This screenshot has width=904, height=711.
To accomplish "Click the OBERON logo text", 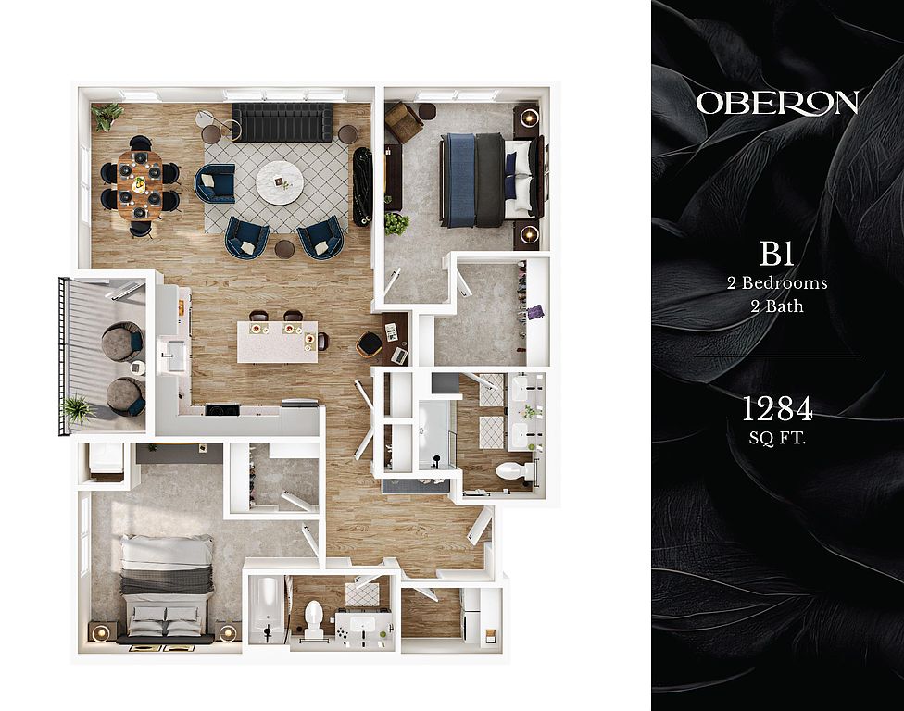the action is (777, 103).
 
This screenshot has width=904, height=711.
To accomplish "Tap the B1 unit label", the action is (777, 254).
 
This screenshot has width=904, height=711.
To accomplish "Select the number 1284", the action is (777, 408).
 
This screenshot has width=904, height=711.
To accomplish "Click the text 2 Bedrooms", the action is (777, 283).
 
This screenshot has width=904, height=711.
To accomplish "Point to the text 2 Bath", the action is (777, 306).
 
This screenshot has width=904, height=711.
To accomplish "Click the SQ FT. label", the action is (777, 439).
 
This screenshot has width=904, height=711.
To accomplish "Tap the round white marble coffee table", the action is (280, 181).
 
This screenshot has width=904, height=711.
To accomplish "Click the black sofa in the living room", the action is (282, 122).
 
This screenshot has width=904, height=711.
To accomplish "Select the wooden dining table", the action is (140, 185).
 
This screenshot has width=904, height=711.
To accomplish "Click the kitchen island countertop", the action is (277, 342).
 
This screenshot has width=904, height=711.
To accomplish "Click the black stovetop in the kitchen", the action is (222, 410).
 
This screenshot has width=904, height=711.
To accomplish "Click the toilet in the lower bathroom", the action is (313, 618).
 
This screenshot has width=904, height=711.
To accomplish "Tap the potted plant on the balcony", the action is (77, 410).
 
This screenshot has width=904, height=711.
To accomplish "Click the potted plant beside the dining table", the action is (107, 117).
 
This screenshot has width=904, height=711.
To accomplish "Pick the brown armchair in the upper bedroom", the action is (404, 122).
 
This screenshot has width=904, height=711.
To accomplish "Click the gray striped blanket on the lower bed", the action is (167, 580).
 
